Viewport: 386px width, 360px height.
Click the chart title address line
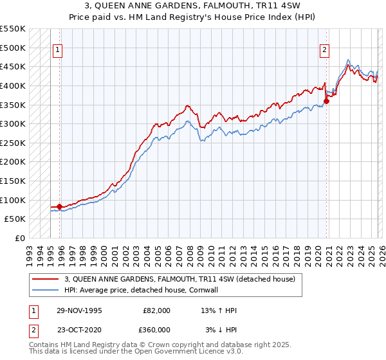193,6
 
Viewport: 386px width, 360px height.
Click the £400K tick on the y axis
13,85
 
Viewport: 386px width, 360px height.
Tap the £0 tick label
20,238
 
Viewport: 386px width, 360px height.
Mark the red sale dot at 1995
60,206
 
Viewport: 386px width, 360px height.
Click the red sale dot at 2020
327,101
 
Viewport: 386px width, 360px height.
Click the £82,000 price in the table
157,310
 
